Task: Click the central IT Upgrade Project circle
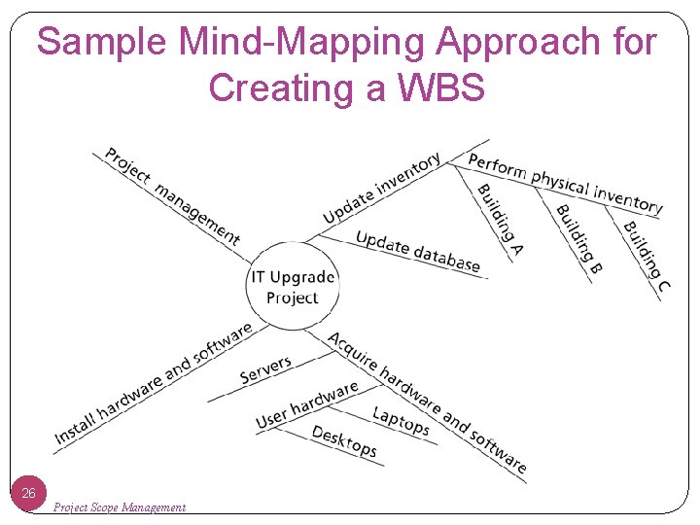pos(293,287)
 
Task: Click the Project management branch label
pos(172,195)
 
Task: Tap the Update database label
pos(418,251)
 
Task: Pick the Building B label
pos(579,237)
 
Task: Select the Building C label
pos(647,257)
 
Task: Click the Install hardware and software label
pos(153,384)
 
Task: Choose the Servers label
pos(265,369)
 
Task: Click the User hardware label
pos(306,405)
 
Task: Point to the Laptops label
pos(401,420)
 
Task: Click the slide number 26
pos(29,494)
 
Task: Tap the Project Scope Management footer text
pos(120,507)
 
